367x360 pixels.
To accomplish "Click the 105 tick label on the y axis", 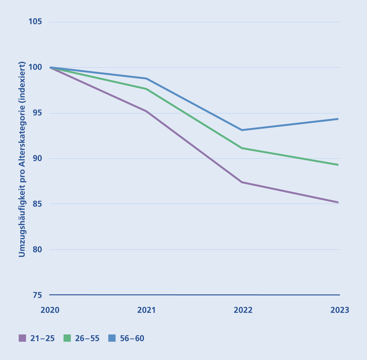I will tap(35, 22).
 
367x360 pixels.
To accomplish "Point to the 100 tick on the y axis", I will tap(35, 67).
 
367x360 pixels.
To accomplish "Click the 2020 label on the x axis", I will tap(50, 310).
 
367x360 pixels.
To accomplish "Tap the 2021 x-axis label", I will tap(146, 310).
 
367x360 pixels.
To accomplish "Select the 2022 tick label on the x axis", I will tap(243, 310).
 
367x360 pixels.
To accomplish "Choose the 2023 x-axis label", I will tap(339, 310).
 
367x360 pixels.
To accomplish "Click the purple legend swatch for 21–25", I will tap(22, 338).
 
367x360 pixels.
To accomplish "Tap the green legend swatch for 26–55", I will tap(67, 338).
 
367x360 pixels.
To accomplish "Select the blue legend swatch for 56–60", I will tap(112, 338).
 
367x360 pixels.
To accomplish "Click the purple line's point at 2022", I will tap(242, 182).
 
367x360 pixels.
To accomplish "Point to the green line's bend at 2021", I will tap(146, 89).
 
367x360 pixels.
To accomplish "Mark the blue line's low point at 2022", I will tap(242, 130).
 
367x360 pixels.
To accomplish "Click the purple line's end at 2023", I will tap(338, 202).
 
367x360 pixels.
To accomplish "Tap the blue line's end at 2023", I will tap(338, 119).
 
